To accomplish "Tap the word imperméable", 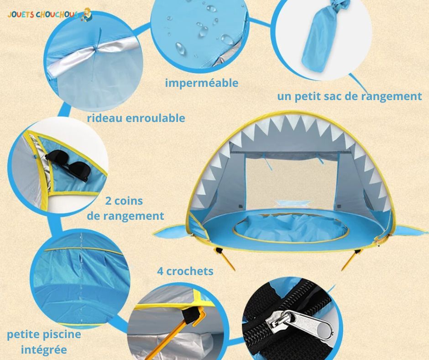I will (202, 83).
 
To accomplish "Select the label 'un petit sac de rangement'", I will (350, 96).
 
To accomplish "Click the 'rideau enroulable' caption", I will (136, 118).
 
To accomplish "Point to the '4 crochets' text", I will (185, 271).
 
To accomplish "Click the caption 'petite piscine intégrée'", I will (44, 342).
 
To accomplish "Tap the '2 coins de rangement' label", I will (125, 208).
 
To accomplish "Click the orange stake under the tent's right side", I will (350, 261).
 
